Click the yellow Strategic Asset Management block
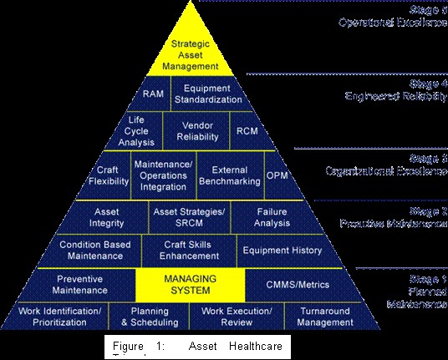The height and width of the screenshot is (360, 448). click(195, 52)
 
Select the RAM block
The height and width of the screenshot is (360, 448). click(153, 94)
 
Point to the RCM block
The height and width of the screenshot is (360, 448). click(247, 131)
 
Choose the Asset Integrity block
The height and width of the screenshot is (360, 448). click(106, 218)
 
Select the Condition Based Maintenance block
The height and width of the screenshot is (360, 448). click(92, 250)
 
